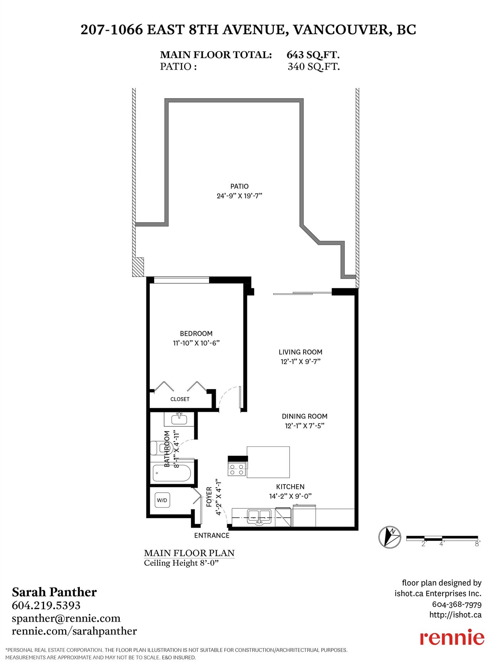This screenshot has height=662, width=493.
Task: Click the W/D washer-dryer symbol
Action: tap(162, 500)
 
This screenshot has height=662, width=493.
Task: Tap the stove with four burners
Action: tap(237, 469)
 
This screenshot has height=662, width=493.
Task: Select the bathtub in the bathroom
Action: tap(172, 473)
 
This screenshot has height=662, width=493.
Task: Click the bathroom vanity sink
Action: tap(179, 418)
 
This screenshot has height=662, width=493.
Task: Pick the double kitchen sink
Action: tap(259, 517)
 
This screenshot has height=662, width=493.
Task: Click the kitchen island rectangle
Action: tap(268, 462)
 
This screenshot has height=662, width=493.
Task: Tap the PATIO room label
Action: tap(240, 186)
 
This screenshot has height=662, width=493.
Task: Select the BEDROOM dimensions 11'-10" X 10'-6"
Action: tap(196, 343)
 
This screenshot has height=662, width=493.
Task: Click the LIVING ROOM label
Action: tap(300, 352)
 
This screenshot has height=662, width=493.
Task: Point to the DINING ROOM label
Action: tap(305, 416)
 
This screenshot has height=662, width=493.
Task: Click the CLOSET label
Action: tap(180, 399)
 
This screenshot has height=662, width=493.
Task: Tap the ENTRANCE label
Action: tap(212, 535)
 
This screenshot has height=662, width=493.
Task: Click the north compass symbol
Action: tap(390, 537)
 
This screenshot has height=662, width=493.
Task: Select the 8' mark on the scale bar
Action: tap(478, 544)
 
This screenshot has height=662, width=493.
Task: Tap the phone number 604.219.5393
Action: tap(46, 605)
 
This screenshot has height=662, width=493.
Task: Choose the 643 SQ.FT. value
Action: tap(313, 55)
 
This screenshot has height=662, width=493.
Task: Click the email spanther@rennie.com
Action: tap(66, 618)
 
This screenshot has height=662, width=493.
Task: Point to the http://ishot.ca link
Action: tap(456, 615)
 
